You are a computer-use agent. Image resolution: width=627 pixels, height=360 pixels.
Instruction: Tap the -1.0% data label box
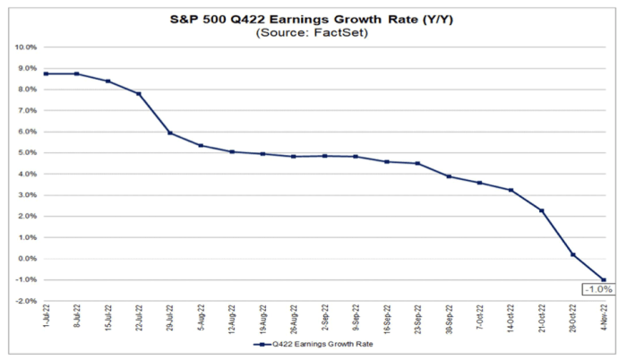click(595, 289)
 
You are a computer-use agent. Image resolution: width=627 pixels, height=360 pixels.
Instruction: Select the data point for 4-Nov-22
click(604, 279)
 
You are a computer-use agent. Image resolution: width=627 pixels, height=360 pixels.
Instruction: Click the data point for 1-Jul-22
click(45, 73)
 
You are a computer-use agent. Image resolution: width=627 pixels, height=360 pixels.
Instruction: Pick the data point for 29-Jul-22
click(169, 133)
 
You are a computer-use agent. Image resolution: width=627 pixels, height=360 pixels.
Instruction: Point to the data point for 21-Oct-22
click(542, 210)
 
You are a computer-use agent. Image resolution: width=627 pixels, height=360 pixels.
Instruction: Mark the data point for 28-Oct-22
click(573, 254)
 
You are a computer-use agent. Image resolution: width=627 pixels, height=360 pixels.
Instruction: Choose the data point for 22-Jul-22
click(139, 93)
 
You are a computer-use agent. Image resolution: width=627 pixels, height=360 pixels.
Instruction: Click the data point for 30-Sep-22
click(449, 176)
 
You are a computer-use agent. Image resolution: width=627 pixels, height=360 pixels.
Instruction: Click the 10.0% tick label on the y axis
click(25, 47)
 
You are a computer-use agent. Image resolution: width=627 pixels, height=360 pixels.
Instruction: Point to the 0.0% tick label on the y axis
click(27, 259)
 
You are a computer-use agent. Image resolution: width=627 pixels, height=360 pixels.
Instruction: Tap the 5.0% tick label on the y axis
click(27, 152)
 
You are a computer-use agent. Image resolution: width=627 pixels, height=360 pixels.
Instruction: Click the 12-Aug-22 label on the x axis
click(231, 319)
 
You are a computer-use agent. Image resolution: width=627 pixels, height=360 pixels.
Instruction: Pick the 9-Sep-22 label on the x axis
click(356, 319)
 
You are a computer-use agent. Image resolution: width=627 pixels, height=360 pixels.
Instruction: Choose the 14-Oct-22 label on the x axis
click(511, 319)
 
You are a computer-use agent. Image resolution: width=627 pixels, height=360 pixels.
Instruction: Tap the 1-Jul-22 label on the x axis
click(46, 318)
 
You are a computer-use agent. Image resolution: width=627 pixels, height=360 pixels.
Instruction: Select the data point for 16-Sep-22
click(387, 161)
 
